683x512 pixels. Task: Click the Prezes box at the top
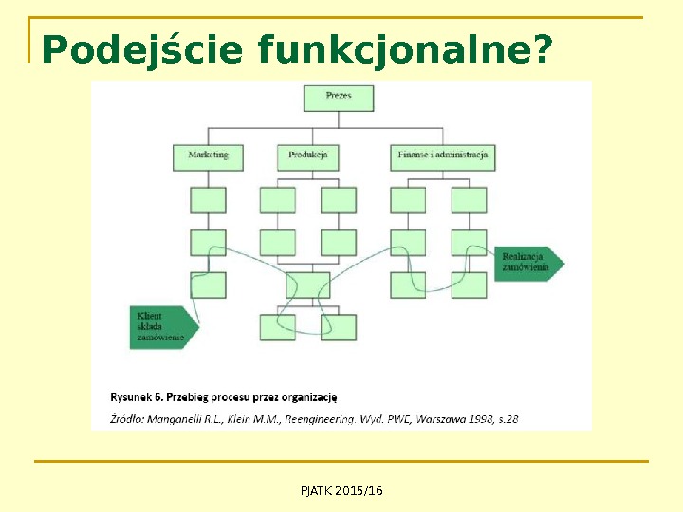tap(339, 97)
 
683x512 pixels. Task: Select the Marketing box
tap(208, 155)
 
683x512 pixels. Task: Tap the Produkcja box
tap(307, 155)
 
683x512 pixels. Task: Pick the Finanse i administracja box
tap(442, 155)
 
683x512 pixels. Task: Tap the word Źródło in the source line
tap(128, 417)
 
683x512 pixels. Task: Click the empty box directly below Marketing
tap(208, 200)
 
